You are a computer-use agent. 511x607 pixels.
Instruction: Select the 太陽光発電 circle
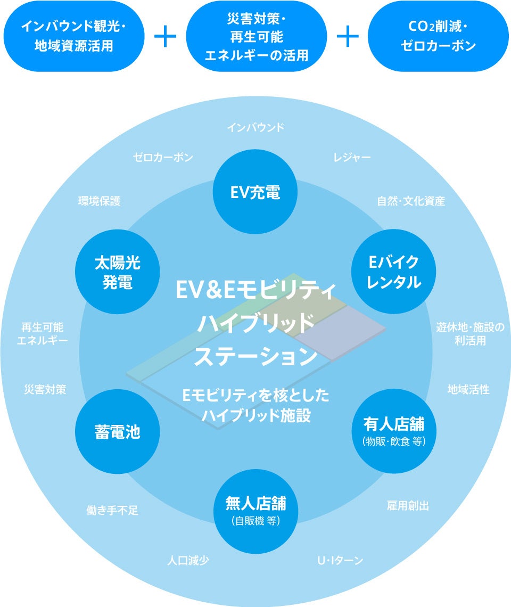click(118, 272)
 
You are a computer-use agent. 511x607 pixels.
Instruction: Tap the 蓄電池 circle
click(118, 432)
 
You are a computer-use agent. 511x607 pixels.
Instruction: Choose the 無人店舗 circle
click(255, 510)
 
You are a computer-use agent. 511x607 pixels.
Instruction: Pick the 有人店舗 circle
click(394, 431)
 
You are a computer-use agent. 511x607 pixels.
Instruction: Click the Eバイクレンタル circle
click(394, 272)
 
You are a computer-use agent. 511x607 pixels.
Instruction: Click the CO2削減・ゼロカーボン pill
click(438, 36)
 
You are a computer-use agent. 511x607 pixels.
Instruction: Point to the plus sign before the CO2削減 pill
click(348, 36)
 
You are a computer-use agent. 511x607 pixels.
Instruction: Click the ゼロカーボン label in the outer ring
click(163, 158)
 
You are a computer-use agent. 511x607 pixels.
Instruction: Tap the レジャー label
click(352, 158)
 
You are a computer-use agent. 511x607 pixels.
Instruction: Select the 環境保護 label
click(100, 201)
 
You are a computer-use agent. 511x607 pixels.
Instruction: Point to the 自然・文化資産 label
click(411, 201)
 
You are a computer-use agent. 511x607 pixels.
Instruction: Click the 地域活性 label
click(468, 390)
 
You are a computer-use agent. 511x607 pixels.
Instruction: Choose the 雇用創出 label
click(408, 506)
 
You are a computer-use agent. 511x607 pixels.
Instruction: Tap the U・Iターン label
click(340, 561)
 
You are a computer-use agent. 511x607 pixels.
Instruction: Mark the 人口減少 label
click(188, 561)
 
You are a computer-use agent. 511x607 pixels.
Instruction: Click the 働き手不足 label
click(112, 510)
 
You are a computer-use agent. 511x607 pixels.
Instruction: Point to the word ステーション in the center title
click(256, 356)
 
